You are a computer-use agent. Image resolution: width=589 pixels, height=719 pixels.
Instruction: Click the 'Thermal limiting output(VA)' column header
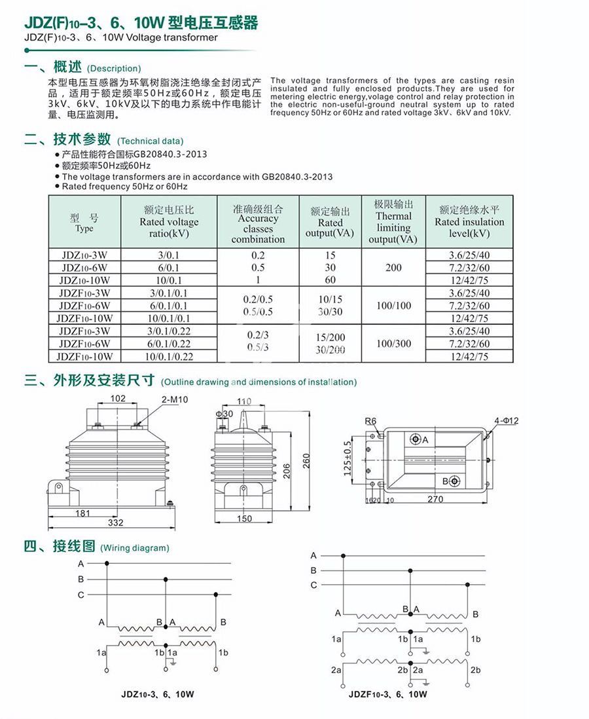click(x=393, y=222)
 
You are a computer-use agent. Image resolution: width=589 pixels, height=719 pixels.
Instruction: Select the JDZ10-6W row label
click(x=84, y=267)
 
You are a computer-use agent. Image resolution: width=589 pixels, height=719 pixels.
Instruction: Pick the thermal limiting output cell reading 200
click(x=393, y=267)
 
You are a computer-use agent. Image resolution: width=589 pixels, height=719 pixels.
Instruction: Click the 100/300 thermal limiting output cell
click(x=393, y=343)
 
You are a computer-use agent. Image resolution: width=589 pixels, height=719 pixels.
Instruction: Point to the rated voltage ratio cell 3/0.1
click(x=168, y=255)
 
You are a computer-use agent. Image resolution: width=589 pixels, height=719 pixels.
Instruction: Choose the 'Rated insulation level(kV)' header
click(x=469, y=222)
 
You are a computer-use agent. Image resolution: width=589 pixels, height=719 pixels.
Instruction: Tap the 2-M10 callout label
click(x=175, y=399)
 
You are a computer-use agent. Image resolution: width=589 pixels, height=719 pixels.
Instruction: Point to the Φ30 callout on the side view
click(x=224, y=414)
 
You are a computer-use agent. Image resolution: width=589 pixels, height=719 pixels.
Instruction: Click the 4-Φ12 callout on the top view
click(x=506, y=420)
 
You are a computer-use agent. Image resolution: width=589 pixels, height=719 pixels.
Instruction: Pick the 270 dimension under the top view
click(x=435, y=499)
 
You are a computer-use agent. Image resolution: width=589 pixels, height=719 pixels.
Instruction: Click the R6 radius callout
click(x=371, y=420)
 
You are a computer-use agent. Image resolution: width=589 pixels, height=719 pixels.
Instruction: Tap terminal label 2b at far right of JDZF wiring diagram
click(x=476, y=670)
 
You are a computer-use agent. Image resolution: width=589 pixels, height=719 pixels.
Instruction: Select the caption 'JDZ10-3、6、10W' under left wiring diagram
click(x=158, y=694)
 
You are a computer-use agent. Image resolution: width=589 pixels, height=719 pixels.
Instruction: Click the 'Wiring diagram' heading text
click(x=134, y=547)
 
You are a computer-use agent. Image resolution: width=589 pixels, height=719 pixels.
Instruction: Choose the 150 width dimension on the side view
click(x=243, y=519)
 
